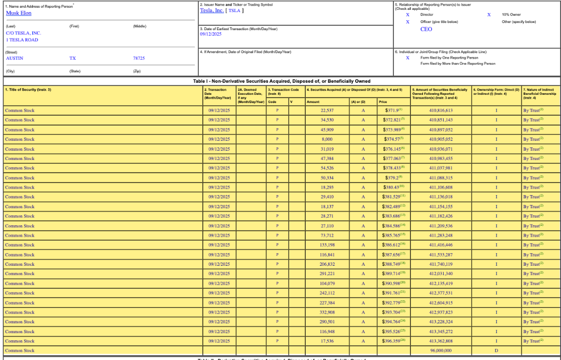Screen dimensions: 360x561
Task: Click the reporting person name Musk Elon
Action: (19, 13)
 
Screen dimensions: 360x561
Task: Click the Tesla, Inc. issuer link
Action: (211, 10)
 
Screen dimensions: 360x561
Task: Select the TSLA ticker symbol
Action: (234, 10)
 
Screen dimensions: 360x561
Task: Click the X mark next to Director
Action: (408, 15)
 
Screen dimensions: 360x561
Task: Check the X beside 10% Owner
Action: (489, 15)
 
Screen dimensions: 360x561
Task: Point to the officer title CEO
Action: (426, 29)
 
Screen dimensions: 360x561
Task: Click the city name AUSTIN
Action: (15, 58)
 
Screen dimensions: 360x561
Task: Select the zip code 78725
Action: (139, 58)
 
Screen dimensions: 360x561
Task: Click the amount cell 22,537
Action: (327, 110)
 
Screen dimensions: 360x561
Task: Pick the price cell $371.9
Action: (392, 110)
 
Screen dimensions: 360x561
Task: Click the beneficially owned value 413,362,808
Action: (440, 341)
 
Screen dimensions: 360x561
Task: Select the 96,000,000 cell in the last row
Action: (440, 351)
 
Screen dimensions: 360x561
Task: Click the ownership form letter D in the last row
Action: (496, 351)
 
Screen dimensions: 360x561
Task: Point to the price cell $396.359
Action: (393, 341)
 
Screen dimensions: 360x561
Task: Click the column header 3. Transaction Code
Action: (283, 89)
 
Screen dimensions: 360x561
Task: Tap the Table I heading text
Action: (282, 81)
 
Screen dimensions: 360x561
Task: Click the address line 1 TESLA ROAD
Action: (22, 39)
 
